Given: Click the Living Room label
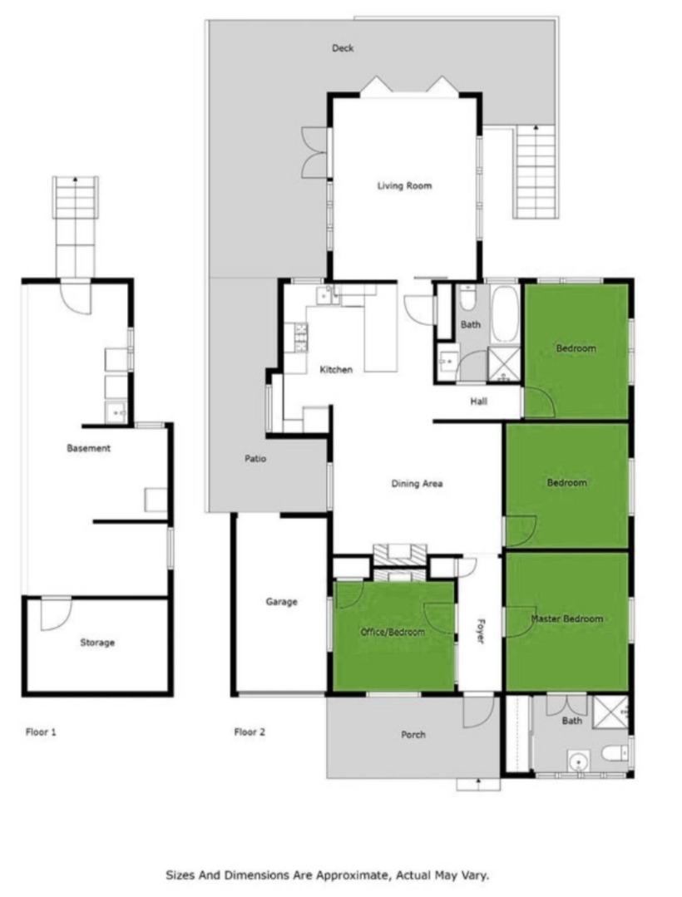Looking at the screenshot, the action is click(x=404, y=185).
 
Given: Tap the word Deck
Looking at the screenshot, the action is click(x=343, y=48).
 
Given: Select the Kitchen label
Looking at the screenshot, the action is click(x=336, y=370).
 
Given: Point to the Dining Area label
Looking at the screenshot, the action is click(x=417, y=483).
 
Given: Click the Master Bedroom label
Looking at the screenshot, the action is click(x=567, y=619).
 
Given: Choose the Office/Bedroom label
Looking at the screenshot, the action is click(x=393, y=632).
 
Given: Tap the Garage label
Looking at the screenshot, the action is click(x=281, y=601).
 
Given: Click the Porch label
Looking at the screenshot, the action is click(x=413, y=735).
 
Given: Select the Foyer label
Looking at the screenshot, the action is click(x=481, y=630).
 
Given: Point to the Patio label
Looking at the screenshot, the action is click(x=255, y=458).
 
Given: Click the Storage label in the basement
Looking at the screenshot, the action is click(x=97, y=643).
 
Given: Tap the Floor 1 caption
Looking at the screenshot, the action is click(x=42, y=732).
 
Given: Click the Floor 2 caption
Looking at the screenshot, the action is click(x=250, y=732).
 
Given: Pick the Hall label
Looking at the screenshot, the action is click(x=479, y=401).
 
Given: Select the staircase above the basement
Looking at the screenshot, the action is click(x=76, y=227).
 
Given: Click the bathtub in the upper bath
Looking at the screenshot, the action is click(x=505, y=314).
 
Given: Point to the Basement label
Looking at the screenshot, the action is click(x=89, y=448).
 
